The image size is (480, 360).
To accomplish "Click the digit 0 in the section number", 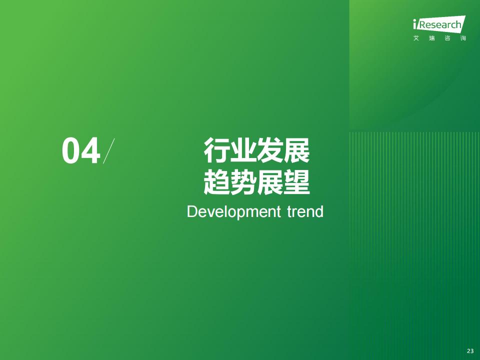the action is tap(71, 151).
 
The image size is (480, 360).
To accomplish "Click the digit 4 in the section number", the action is tap(91, 151).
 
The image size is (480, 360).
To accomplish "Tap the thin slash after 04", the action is tap(108, 151).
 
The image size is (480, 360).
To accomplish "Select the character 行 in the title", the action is tap(217, 150).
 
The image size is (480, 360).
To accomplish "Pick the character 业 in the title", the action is tap(243, 150).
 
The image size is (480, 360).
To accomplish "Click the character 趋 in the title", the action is tap(217, 182).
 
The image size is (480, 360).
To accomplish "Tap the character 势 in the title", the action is tap(243, 182).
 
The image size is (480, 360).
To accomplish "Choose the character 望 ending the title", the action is tap(296, 182).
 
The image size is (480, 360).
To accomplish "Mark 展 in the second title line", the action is tap(270, 182).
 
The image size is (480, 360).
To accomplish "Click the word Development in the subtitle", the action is tap(233, 212).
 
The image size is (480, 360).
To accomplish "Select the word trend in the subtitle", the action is tap(305, 212).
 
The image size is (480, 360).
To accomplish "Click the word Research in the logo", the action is tap(440, 24).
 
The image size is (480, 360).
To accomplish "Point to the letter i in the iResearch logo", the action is tap(415, 24).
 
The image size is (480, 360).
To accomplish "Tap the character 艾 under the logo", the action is tap(416, 38).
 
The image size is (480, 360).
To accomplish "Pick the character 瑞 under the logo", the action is tap(432, 38).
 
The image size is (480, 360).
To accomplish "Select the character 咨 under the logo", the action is tap(447, 38).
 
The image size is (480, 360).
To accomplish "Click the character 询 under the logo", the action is tap(463, 38).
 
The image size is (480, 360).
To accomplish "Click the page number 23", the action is tap(470, 351).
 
